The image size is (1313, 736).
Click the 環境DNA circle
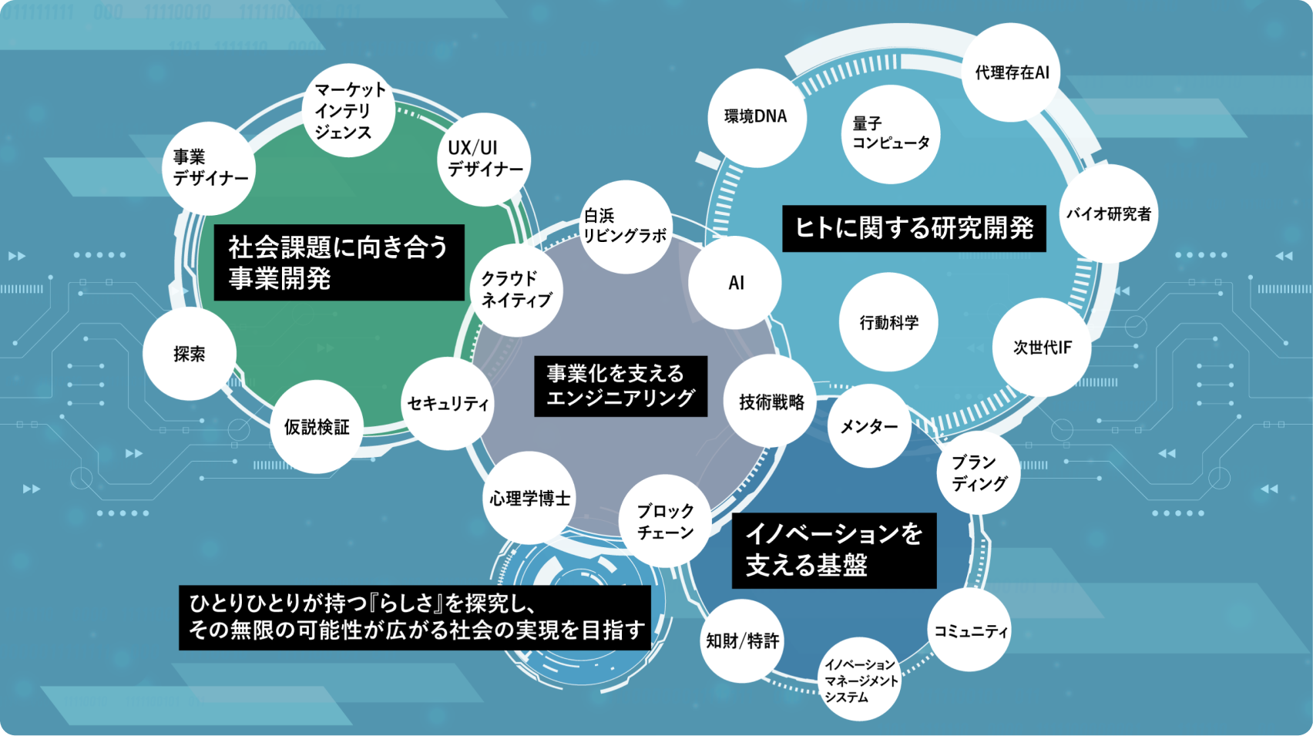tap(756, 117)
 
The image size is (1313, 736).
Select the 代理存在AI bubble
tap(1011, 72)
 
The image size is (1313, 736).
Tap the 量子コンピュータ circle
tap(891, 134)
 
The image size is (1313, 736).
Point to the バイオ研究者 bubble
tap(1108, 214)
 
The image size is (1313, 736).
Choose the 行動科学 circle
tap(888, 322)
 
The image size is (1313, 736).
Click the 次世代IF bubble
tap(1042, 348)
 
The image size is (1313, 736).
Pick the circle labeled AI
tap(735, 283)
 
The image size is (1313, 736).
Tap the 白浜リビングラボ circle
tap(625, 227)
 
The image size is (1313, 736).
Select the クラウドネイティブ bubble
tap(516, 290)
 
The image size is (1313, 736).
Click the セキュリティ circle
tap(448, 403)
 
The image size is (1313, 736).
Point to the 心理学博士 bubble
tap(529, 499)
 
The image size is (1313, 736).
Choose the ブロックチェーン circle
tap(665, 522)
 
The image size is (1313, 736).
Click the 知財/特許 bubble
tap(742, 640)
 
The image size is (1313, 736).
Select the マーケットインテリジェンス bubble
tap(349, 111)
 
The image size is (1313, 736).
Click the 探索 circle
tap(190, 354)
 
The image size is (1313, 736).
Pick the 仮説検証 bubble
tap(317, 427)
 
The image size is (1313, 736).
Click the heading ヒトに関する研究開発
tap(914, 228)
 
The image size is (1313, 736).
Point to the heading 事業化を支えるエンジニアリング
tap(620, 386)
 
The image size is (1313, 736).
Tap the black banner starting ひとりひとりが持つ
tap(415, 617)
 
